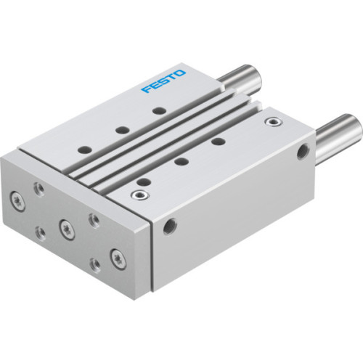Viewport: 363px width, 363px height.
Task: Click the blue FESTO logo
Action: point(164,81)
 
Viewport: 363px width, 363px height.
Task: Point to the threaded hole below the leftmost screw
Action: point(39,232)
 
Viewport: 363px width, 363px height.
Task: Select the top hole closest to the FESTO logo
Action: point(158,111)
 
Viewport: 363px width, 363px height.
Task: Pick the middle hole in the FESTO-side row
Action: point(123,130)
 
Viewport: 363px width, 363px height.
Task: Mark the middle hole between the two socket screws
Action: point(181,161)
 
